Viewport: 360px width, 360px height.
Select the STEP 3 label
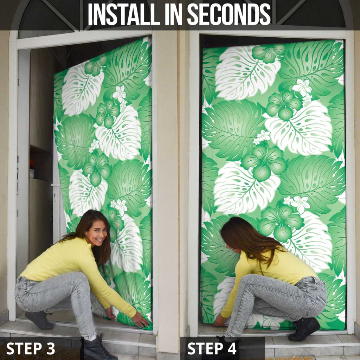pyautogui.click(x=31, y=348)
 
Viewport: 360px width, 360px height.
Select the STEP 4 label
pyautogui.click(x=212, y=348)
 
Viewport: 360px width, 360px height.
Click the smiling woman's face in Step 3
pyautogui.click(x=95, y=232)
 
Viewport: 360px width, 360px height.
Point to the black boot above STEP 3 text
pyautogui.click(x=98, y=348)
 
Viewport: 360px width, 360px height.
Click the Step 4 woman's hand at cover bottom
pyautogui.click(x=219, y=320)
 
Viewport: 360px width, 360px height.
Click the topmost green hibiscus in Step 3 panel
pyautogui.click(x=95, y=65)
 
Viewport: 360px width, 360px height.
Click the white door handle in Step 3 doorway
pyautogui.click(x=54, y=185)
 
